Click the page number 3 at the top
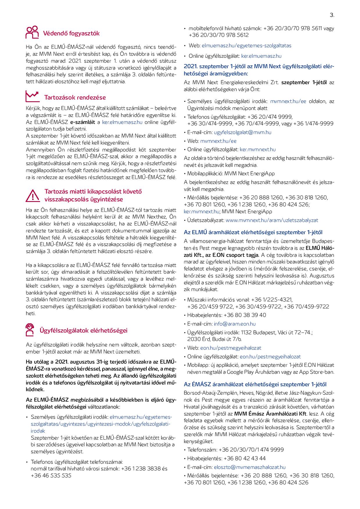pos(332,16)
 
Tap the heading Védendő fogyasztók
pos(71,33)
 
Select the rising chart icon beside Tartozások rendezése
pos(32,96)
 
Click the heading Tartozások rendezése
pos(75,98)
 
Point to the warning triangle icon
pos(33,195)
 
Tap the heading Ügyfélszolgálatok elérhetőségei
pos(83,331)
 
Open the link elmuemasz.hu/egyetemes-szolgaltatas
pos(246,46)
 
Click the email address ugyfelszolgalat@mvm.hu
pos(242,132)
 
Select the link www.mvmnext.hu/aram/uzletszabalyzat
pos(272,220)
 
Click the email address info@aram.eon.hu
pos(235,324)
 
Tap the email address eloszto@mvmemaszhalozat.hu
pos(249,467)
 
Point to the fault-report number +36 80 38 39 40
pos(245,315)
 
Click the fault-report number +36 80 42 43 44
pos(244,459)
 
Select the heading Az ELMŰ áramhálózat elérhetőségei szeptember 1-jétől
pos(253,232)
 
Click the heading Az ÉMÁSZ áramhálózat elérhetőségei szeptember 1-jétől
pos(255,385)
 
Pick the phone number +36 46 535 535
pos(51,476)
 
